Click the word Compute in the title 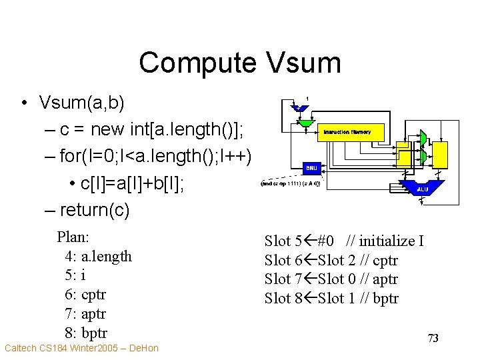point(197,63)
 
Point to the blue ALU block point(421,189)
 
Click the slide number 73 point(433,339)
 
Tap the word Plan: point(73,237)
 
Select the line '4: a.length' point(99,256)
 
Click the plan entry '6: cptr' point(86,294)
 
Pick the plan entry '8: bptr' point(86,333)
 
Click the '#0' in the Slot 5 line point(327,241)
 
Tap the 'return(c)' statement point(95,210)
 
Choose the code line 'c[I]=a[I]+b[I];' point(133,183)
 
